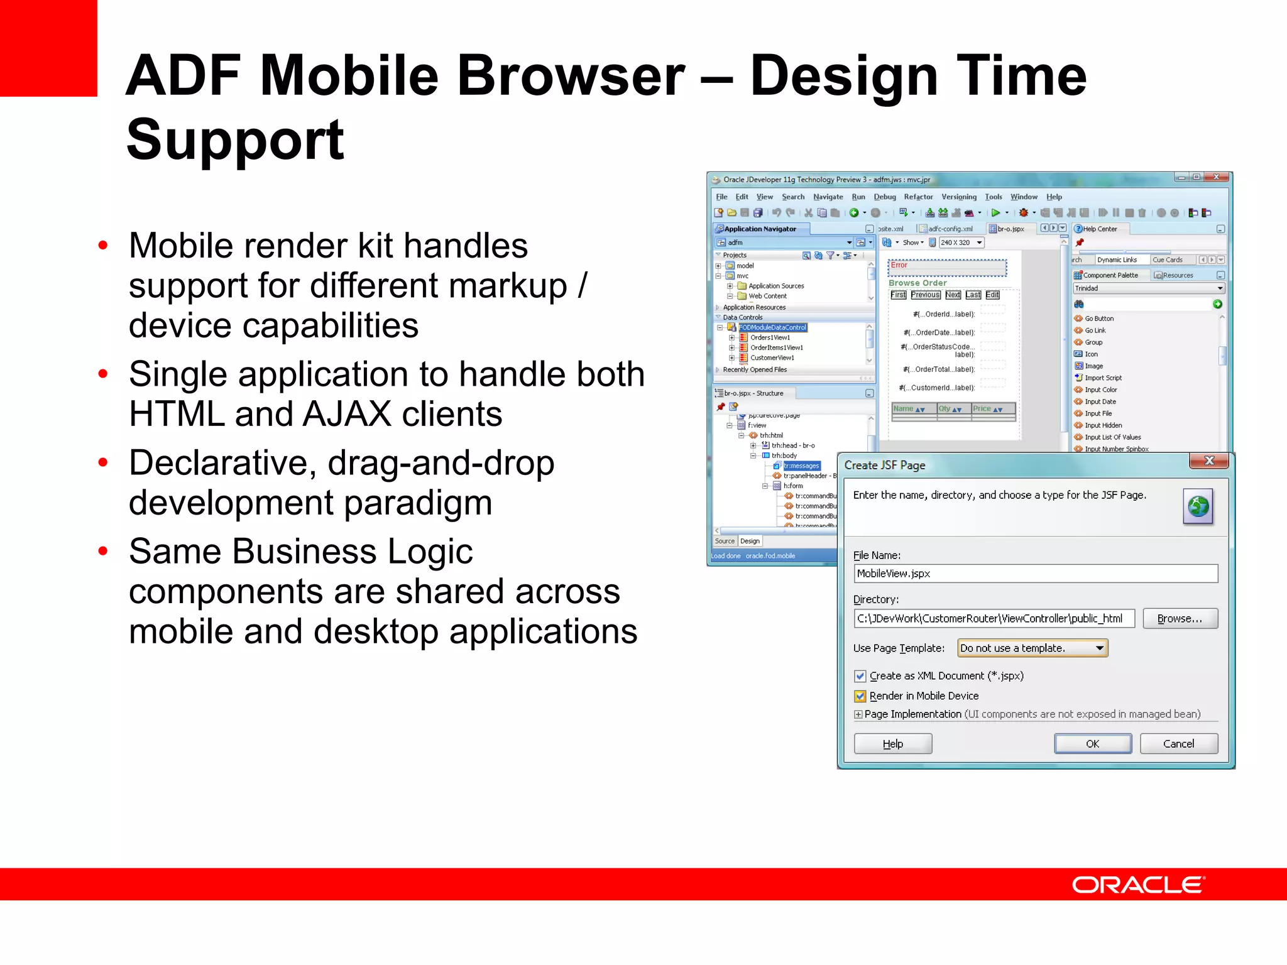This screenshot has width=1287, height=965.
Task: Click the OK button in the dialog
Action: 1092,744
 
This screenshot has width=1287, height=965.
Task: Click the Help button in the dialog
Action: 892,744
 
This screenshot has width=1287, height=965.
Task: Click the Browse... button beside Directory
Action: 1180,619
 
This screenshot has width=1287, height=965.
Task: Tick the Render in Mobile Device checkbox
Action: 860,696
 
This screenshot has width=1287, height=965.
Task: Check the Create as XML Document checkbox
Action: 860,676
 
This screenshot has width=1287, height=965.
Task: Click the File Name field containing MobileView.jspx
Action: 1035,574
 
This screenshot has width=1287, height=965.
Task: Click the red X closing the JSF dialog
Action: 1208,461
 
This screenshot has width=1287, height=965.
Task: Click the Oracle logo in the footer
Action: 1138,885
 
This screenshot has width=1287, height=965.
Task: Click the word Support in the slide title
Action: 235,139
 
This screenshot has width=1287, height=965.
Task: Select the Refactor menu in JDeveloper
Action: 918,197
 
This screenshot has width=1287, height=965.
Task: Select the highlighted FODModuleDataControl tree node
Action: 772,327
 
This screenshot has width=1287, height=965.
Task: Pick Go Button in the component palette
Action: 1098,319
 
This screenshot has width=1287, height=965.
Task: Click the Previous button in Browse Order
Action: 925,295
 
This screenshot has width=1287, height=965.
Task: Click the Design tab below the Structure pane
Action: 750,541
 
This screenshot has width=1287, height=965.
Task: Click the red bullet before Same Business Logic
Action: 103,551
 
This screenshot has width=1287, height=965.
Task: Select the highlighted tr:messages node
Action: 801,466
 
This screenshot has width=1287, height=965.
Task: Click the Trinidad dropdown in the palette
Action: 1148,288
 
